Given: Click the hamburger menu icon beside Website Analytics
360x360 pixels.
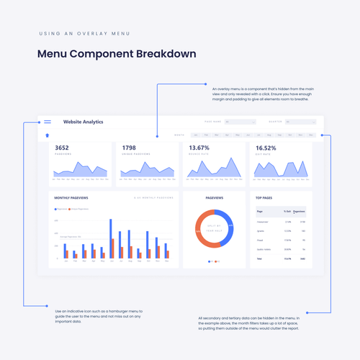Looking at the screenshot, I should coord(48,122).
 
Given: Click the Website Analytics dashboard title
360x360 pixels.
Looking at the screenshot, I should coord(83,122).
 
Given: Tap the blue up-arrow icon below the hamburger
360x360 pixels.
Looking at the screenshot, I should coord(48,135).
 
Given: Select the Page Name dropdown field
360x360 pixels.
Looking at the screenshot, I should coord(240,122).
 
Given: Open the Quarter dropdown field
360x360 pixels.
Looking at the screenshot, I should coord(300,122).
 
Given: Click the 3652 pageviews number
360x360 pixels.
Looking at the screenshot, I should coord(62,148).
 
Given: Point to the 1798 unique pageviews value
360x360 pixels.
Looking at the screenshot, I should coord(129,148).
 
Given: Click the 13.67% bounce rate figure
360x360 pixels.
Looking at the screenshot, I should coord(199,148).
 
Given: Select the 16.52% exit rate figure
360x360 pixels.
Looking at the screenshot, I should coord(266,148).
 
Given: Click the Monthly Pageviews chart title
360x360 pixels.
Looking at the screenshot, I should coord(71,197).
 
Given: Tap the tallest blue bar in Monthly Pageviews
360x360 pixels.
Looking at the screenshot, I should coord(111,238).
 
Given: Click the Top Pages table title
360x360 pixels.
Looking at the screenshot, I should coord(264,197).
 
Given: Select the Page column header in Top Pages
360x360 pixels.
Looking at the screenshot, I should coord(260,212).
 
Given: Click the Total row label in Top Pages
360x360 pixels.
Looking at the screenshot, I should coord(260,258).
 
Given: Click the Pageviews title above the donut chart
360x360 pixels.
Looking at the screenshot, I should coord(215,197).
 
